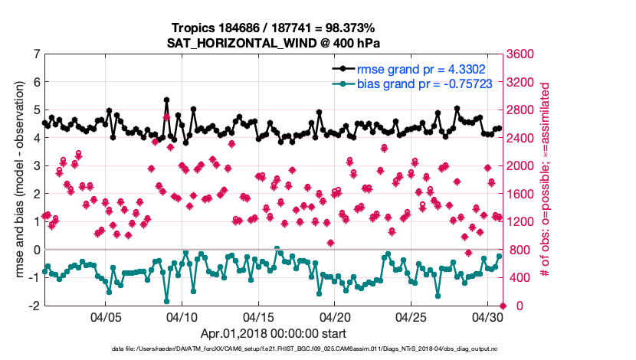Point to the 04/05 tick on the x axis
106,316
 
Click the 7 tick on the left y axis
35,54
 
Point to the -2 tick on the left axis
34,306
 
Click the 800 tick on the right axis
521,250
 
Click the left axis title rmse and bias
19,180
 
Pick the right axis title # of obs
546,180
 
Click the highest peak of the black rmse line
166,100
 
